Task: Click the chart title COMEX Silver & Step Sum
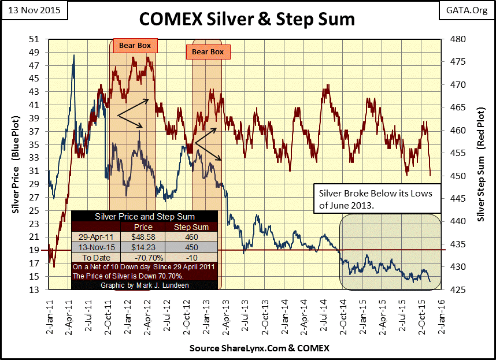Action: (247, 20)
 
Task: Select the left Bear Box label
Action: (134, 44)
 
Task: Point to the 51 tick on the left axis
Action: (34, 39)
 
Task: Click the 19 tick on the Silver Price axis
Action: (34, 250)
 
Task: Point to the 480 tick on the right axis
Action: (457, 39)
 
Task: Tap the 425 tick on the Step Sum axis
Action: (457, 290)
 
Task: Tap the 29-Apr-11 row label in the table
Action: (93, 237)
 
